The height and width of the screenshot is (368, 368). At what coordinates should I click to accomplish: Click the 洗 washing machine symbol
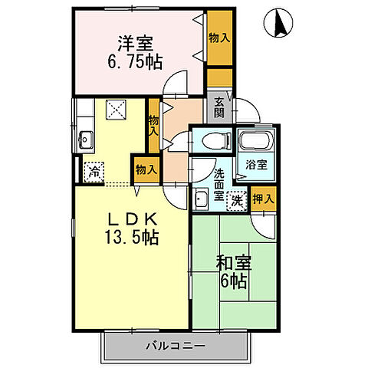[238, 200]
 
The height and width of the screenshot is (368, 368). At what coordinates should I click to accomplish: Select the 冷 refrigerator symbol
[93, 171]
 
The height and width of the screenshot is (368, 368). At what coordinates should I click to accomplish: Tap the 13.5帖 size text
[131, 238]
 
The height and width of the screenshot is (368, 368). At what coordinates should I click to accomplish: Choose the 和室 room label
[231, 263]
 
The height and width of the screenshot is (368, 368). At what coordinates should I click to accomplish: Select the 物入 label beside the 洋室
[220, 37]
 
